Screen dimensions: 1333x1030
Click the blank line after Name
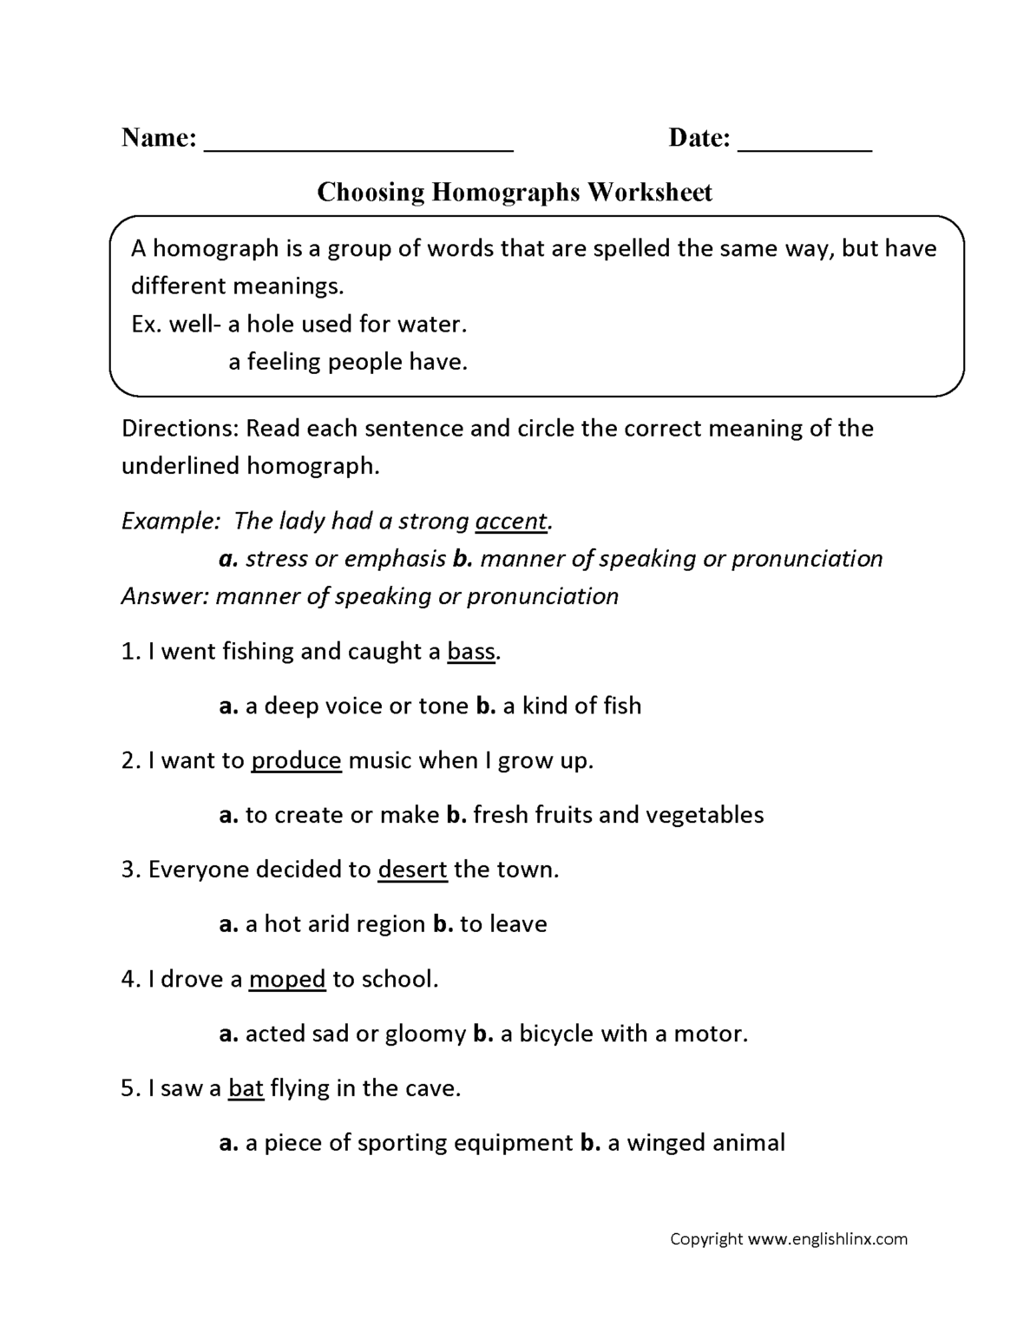coord(358,144)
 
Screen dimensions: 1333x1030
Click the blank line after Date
coord(804,144)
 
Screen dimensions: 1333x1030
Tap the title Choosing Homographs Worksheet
coord(514,192)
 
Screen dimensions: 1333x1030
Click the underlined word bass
coord(471,652)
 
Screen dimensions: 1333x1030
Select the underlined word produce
coord(296,761)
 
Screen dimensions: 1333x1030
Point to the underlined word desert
coord(412,870)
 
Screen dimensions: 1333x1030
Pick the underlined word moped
coord(286,980)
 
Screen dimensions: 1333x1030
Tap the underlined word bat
coord(246,1088)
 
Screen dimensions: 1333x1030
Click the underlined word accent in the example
coord(511,522)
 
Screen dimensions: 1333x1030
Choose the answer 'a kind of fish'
coord(571,706)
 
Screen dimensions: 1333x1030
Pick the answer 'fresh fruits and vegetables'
coord(618,816)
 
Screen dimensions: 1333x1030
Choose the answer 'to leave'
coord(503,924)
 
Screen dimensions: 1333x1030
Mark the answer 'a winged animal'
coord(696,1143)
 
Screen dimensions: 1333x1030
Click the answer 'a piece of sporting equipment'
coord(409,1143)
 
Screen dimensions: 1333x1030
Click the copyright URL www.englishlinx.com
coord(827,1239)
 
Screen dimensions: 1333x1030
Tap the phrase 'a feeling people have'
coord(348,362)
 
